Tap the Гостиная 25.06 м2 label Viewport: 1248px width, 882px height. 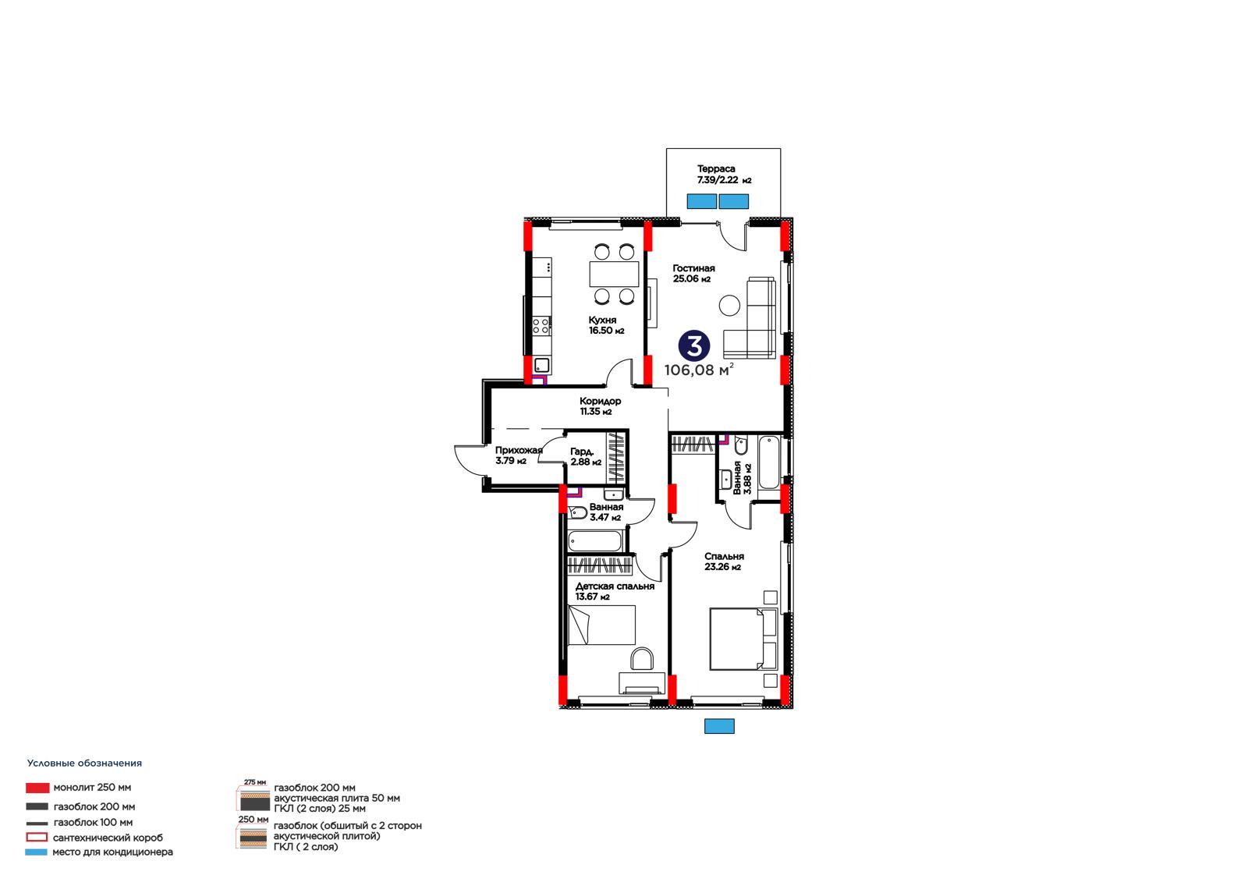(x=693, y=274)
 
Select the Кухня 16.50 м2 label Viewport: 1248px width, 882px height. (x=606, y=325)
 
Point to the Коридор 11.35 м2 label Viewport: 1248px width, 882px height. (x=600, y=406)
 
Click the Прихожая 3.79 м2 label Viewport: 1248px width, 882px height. (x=519, y=455)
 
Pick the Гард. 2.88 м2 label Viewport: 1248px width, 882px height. (x=586, y=457)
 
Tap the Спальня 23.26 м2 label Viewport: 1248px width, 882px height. (x=724, y=561)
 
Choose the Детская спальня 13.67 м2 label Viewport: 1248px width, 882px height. (x=615, y=591)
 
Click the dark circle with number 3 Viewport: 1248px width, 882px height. (x=693, y=346)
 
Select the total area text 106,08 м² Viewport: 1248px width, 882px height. (x=699, y=370)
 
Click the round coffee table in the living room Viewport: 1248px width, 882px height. (x=729, y=306)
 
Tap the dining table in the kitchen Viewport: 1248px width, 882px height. (x=614, y=274)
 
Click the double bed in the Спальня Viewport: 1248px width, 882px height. (x=743, y=639)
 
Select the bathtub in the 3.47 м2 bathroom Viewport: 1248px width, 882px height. (x=595, y=541)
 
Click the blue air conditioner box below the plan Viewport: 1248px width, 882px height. (x=719, y=726)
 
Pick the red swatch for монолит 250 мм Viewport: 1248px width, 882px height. (x=37, y=788)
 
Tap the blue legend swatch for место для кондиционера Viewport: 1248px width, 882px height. (x=36, y=852)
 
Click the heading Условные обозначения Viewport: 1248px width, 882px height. (x=85, y=763)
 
